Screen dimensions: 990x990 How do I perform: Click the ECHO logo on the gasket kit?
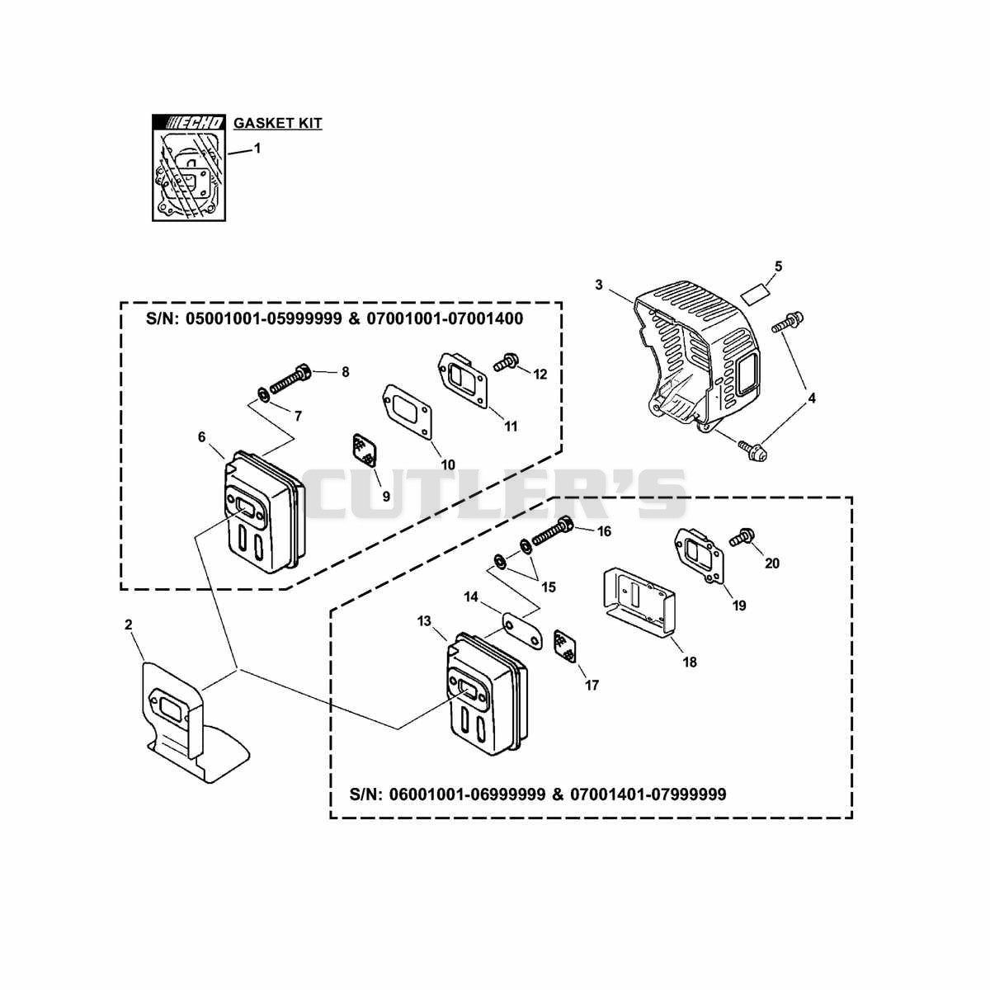[x=189, y=123]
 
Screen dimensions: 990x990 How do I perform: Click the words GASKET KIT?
[x=278, y=123]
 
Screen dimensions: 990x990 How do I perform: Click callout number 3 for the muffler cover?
[x=598, y=285]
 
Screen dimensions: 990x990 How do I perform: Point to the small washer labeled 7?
[x=262, y=394]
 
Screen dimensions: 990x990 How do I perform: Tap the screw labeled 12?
[x=506, y=363]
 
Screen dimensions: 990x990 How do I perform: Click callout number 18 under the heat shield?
[x=690, y=662]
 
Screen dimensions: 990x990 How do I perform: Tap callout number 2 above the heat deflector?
[x=129, y=625]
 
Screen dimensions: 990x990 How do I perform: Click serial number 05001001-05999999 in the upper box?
[x=263, y=318]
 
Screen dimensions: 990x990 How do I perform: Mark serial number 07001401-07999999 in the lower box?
[x=648, y=794]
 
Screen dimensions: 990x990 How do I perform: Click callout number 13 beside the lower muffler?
[x=424, y=621]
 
